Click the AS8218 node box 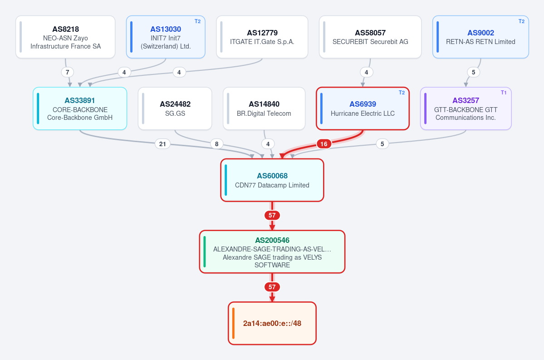point(65,37)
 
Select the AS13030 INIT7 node point(166,37)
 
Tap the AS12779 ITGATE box point(262,37)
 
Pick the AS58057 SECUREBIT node point(370,37)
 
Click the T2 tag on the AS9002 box point(521,21)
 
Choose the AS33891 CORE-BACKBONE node point(80,108)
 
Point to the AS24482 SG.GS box point(175,108)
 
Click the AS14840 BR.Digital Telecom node point(264,108)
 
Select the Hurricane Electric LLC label point(363,113)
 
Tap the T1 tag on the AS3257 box point(504,93)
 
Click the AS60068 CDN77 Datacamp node point(272,180)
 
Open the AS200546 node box point(272,252)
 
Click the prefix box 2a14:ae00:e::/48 point(272,323)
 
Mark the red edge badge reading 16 point(323,144)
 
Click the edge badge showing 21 point(162,144)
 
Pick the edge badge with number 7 point(67,72)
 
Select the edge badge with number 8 point(217,144)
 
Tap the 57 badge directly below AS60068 point(272,215)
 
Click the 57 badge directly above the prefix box point(272,287)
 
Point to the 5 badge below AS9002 point(474,72)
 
